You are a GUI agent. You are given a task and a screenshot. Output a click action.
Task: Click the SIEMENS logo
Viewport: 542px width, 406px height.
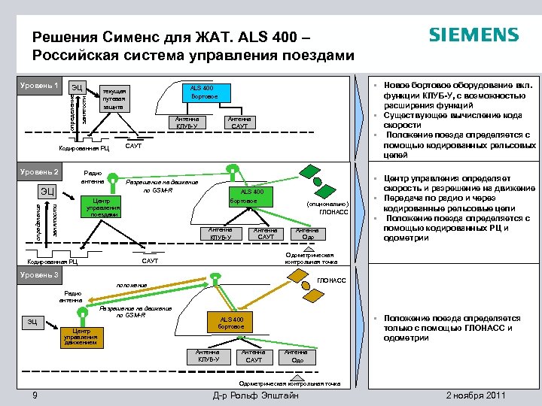[x=473, y=35]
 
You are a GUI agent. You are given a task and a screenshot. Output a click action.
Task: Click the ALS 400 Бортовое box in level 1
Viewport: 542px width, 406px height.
[x=205, y=93]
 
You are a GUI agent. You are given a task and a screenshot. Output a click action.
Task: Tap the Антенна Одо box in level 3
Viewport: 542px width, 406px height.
[x=297, y=356]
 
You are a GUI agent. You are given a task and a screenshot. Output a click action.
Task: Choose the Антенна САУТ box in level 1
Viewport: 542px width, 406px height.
[x=239, y=122]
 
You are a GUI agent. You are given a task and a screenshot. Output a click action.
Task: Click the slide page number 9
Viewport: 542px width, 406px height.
[x=35, y=396]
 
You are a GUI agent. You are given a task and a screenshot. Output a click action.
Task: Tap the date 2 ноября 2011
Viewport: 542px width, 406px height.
[x=476, y=396]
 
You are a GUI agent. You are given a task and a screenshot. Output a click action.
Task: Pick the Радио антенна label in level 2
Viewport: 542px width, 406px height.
[x=93, y=177]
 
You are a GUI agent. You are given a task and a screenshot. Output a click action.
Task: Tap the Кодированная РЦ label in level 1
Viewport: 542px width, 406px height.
[x=84, y=148]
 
